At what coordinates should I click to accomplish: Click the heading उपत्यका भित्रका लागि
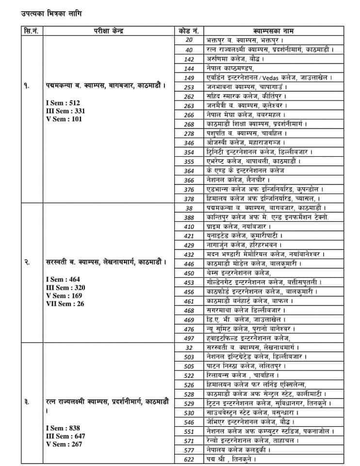48,14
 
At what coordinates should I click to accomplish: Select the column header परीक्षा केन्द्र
109,31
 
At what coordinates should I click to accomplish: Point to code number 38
189,208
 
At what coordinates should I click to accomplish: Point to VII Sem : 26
65,304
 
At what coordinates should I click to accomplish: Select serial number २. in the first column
28,263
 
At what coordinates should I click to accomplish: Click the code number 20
189,40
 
